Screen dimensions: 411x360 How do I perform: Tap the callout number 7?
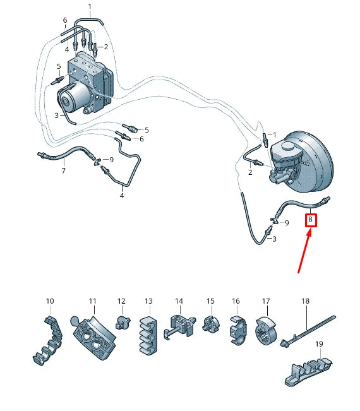(x=63, y=170)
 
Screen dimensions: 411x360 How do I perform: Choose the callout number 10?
(x=50, y=301)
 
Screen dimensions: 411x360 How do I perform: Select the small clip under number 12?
(x=120, y=323)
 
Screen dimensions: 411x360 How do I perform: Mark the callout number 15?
(x=211, y=301)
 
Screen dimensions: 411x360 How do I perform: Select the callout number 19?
(x=319, y=344)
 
